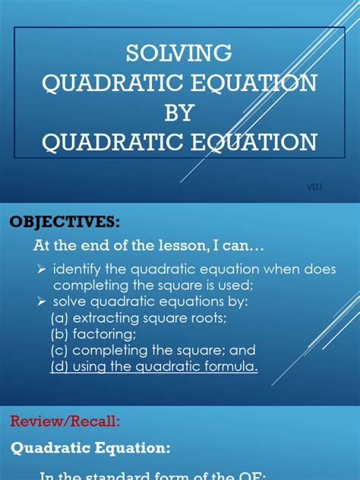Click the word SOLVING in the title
pos(179,52)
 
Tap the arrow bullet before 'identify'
pos(43,270)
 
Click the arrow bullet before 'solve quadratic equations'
pos(43,302)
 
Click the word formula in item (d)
pos(232,367)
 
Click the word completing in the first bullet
pos(90,286)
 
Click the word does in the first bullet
pos(320,270)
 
